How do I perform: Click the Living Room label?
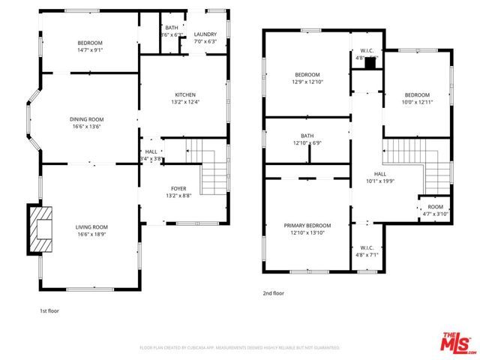point(91,230)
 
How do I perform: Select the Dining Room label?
point(86,123)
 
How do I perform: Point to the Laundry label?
point(205,38)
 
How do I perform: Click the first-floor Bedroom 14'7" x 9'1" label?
point(89,46)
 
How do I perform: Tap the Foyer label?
point(178,192)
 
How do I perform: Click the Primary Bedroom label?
point(307,229)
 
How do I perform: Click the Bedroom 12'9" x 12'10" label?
point(307,78)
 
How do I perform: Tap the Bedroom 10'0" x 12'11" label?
point(417,98)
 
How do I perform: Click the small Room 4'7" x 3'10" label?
point(435,210)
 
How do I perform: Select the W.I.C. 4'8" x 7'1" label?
point(367,251)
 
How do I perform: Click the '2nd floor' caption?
point(273,294)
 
